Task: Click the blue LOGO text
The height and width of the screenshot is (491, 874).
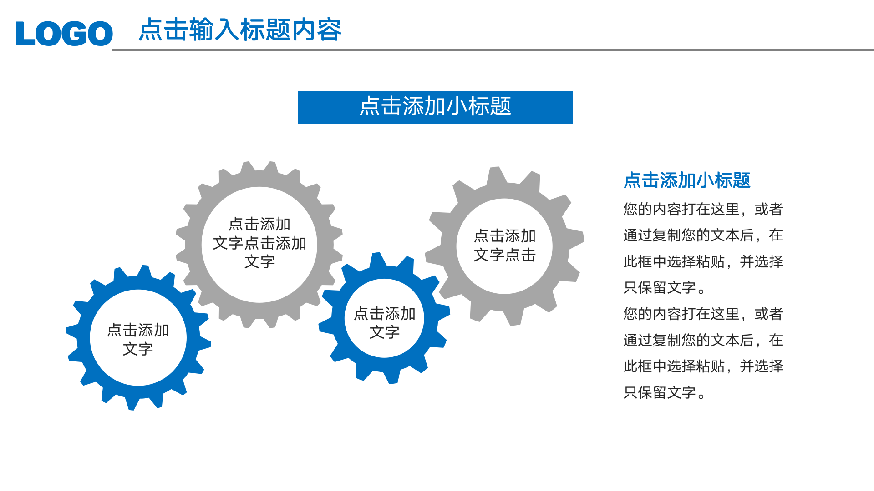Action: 64,34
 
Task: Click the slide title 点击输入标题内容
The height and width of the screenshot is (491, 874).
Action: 240,30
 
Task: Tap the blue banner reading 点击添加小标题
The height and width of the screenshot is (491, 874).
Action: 435,107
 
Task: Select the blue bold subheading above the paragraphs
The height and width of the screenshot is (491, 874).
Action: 686,180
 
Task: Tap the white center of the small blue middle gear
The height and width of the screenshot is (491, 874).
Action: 384,296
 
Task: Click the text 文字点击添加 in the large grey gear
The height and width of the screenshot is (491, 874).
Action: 259,243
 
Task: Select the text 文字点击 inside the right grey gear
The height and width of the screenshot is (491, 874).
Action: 504,255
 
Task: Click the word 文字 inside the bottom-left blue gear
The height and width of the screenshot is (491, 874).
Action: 138,349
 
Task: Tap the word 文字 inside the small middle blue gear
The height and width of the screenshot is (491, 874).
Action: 384,332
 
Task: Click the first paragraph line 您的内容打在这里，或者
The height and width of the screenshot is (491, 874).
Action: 703,209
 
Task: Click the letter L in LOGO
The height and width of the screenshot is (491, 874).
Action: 25,34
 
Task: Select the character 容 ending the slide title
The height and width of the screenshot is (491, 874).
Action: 329,30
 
